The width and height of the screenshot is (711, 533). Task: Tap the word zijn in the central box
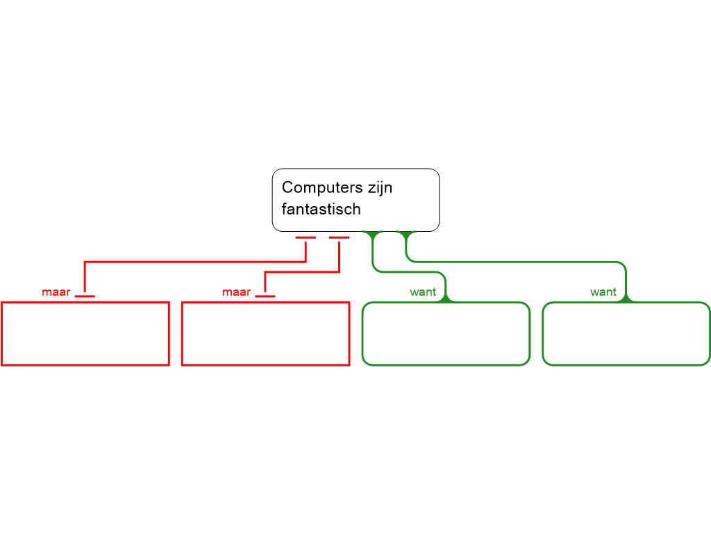coord(376,187)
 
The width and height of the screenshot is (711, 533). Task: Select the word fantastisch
coord(321,209)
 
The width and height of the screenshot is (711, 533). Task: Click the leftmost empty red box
coord(85,334)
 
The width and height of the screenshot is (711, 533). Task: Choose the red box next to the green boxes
coord(265,334)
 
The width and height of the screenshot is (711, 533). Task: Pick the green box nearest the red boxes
coord(446,334)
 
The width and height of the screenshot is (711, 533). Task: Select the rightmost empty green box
coord(626,334)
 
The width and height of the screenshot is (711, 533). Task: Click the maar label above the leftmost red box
coord(56,293)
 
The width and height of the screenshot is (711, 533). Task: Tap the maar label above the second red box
coord(236,293)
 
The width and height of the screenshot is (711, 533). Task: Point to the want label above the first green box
coord(423,293)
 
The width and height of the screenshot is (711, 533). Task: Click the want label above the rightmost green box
coord(603,293)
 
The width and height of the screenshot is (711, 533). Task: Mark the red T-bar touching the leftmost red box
coord(85,296)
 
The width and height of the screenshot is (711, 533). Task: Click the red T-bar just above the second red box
coord(265,296)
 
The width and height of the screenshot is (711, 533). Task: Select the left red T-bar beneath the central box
coord(306,238)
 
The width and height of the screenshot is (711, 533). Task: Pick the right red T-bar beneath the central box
coord(339,238)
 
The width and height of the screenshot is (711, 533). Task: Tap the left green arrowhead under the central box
coord(374,235)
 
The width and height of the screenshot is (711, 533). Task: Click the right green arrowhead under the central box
coord(406,235)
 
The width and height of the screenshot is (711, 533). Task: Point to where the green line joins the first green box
coord(446,299)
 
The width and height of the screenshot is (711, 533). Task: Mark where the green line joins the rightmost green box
coord(626,299)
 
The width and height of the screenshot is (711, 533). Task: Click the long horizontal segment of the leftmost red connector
coord(194,262)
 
